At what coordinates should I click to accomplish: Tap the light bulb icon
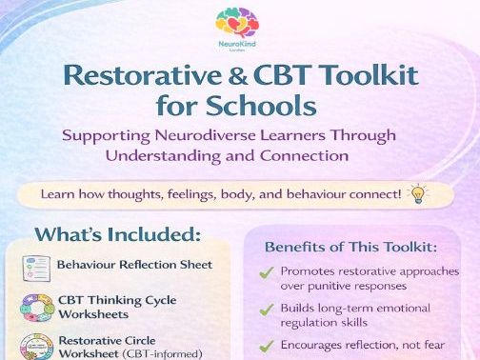[416, 193]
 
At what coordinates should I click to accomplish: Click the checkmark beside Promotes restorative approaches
[268, 272]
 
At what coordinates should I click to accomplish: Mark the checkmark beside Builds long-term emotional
[268, 309]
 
